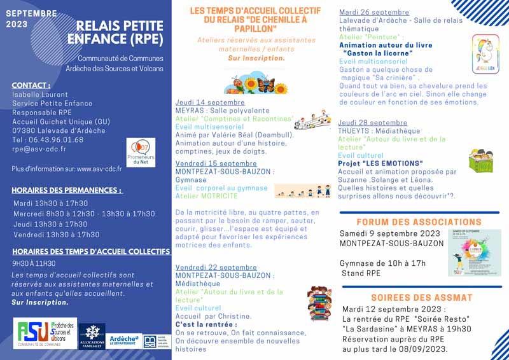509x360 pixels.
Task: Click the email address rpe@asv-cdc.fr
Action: (x=39, y=149)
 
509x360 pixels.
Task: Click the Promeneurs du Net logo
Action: (x=141, y=153)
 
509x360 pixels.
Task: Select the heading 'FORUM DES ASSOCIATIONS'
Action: (x=419, y=222)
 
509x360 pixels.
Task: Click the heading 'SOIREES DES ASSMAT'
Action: (x=422, y=298)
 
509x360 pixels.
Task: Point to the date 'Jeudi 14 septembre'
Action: (x=210, y=102)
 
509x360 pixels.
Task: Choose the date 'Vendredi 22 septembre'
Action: (x=216, y=267)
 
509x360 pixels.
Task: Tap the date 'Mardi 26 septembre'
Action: (x=374, y=12)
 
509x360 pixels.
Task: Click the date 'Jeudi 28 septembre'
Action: (x=373, y=123)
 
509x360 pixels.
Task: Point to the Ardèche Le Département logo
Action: (x=124, y=340)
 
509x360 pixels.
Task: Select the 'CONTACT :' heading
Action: (x=31, y=85)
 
